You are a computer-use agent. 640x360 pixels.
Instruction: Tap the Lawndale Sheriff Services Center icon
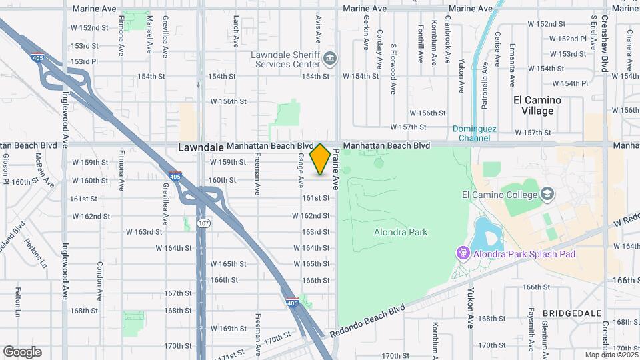point(329,59)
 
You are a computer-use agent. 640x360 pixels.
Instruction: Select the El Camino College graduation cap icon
point(547,195)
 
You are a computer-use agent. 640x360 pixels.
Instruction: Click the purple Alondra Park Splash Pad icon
point(463,253)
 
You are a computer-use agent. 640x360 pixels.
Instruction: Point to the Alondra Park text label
point(400,232)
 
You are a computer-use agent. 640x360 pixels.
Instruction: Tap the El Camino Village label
point(537,105)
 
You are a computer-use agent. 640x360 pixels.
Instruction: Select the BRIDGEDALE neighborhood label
point(571,313)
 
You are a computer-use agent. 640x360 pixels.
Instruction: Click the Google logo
point(22,352)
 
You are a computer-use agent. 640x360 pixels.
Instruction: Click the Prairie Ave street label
point(337,169)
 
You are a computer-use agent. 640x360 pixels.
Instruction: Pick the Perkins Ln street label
point(37,251)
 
